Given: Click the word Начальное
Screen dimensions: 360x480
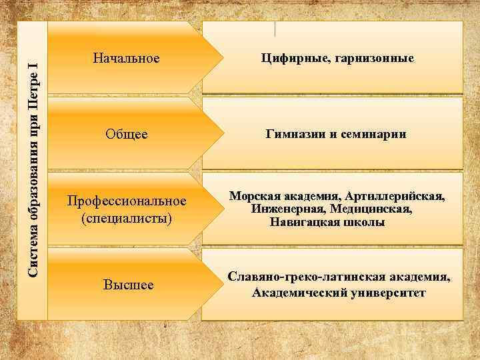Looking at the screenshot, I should [x=131, y=59].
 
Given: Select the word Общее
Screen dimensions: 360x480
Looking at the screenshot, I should [x=126, y=135].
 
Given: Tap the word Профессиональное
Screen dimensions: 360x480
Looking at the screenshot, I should [x=125, y=201].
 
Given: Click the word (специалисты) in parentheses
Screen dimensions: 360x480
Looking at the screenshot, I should [x=125, y=218].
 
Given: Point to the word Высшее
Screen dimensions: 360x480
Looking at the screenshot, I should [x=128, y=285].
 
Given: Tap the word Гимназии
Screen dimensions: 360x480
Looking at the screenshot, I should [x=296, y=135].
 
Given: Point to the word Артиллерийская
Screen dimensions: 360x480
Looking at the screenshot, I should [x=396, y=196].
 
